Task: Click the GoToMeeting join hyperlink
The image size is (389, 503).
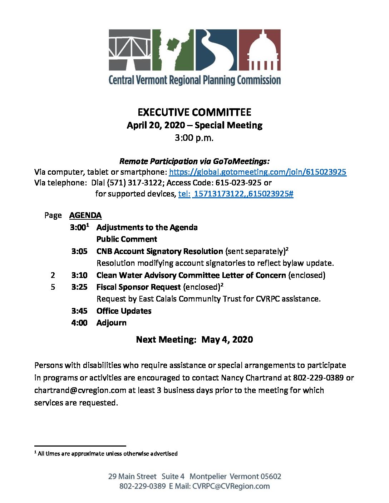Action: pos(257,172)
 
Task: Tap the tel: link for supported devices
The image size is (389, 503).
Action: pos(236,194)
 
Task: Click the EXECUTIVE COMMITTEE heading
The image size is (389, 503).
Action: pos(194,112)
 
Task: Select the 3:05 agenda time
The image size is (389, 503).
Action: pos(79,251)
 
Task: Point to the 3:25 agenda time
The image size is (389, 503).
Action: pos(79,287)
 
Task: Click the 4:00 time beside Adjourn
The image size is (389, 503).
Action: pos(79,323)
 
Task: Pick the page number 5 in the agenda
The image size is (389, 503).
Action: pos(53,287)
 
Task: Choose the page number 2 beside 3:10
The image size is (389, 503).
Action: pos(53,275)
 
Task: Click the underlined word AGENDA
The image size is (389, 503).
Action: pos(85,215)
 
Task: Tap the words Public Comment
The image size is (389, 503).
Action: pos(127,239)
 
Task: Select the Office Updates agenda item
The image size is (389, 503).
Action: pos(124,311)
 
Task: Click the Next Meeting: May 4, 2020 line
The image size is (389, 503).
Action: pos(194,339)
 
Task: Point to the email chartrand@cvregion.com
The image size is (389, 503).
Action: pos(80,390)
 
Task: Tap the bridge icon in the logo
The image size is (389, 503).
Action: pos(129,50)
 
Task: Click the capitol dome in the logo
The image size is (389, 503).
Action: pos(260,50)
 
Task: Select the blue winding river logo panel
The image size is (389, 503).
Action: pos(216,50)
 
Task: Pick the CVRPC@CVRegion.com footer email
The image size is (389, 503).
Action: pos(231,486)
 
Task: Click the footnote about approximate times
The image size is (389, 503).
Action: pos(107,454)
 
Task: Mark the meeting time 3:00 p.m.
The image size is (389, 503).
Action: pos(194,138)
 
